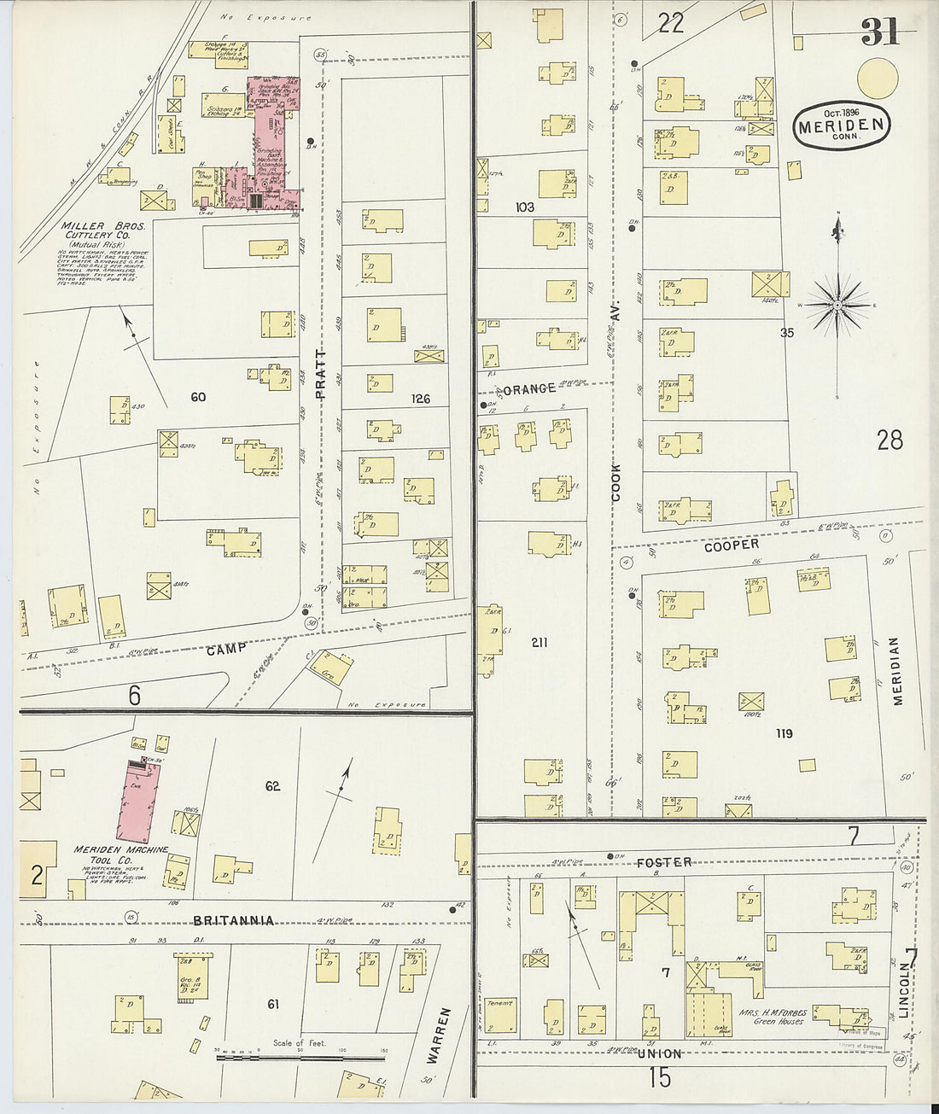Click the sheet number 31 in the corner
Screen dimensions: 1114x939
coord(879,32)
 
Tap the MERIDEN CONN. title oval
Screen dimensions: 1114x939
coord(842,126)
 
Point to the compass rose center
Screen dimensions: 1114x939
coord(837,304)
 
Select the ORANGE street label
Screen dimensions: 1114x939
coord(529,389)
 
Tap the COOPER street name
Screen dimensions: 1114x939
coord(732,545)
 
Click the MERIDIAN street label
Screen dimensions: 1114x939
coord(896,671)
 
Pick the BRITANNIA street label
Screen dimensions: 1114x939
coord(234,920)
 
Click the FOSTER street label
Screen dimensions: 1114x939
coord(664,862)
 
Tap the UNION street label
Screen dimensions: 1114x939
coord(659,1053)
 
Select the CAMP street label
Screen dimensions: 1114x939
coord(226,649)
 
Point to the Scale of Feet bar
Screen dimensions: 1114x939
coord(299,1058)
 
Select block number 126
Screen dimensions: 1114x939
coord(420,399)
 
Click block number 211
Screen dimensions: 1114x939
coord(539,642)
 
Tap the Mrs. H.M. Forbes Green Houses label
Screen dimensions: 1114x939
coord(773,1017)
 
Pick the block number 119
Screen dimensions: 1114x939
coord(784,733)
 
